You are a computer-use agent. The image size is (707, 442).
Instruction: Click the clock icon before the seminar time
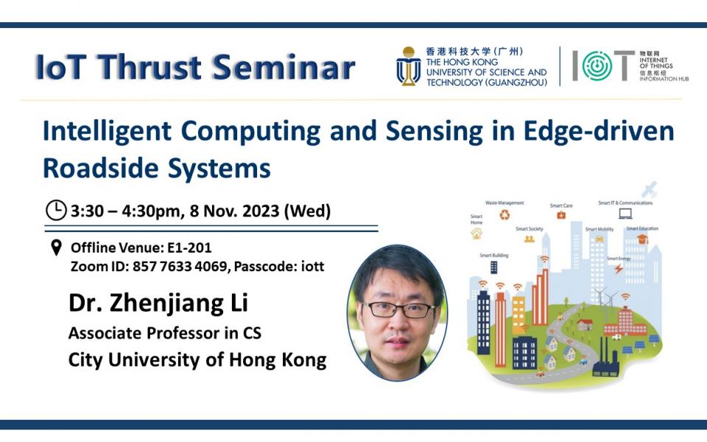point(56,211)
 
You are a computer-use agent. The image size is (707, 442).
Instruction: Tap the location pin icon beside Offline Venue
point(56,248)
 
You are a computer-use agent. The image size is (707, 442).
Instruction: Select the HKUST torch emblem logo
point(408,66)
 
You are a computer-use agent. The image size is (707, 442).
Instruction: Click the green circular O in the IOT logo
point(597,66)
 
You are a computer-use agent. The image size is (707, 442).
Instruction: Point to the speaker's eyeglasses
point(398,309)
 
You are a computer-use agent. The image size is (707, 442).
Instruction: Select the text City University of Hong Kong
point(197,360)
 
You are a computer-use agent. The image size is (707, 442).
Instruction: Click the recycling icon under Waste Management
point(504,215)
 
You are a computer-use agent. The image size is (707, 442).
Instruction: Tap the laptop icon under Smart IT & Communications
point(625,214)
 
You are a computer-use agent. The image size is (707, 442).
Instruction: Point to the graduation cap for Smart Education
point(641,239)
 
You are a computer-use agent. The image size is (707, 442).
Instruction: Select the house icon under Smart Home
point(476,234)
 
